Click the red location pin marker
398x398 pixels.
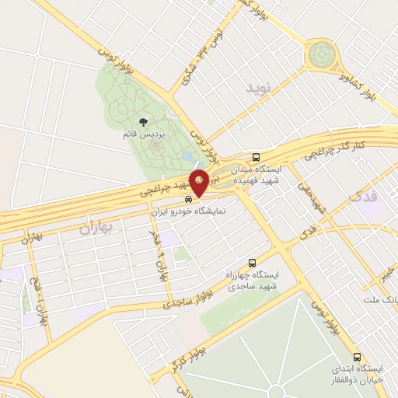[200, 183]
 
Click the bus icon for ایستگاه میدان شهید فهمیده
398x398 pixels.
[258, 155]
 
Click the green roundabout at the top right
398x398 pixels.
[322, 55]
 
